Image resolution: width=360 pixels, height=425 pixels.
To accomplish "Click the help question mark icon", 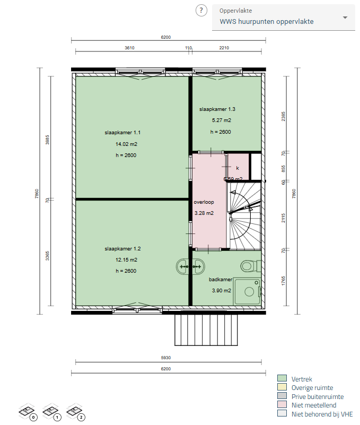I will [x=201, y=10].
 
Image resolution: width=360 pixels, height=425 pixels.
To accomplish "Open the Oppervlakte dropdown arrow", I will [x=345, y=18].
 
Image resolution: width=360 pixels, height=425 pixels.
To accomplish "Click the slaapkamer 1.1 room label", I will [x=122, y=133].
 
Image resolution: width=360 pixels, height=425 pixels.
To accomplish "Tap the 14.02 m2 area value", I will [x=126, y=144].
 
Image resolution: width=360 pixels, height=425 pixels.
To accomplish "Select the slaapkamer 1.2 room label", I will [x=122, y=248].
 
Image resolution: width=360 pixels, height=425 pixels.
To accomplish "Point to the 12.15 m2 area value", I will [x=126, y=259].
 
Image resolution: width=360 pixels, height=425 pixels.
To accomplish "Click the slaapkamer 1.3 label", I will [x=217, y=109].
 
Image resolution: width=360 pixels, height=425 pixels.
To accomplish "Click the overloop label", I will [x=204, y=202].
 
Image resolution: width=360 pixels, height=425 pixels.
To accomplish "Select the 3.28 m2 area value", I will [x=204, y=213].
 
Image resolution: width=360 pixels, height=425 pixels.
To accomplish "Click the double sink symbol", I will [x=191, y=266].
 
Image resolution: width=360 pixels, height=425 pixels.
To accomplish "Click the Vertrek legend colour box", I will [x=282, y=379].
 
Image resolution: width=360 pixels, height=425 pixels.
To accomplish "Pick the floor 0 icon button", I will [x=27, y=411].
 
